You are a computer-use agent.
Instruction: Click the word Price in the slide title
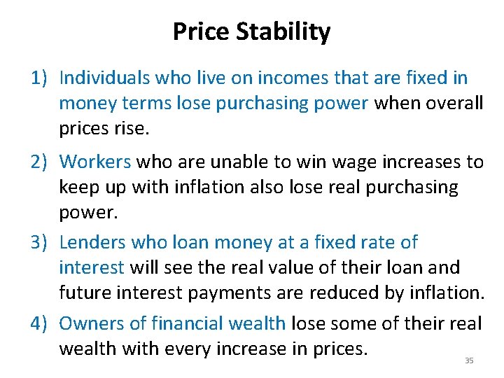tap(202, 32)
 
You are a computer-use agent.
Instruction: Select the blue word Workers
tap(95, 162)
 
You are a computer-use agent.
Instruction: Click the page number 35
tap(469, 360)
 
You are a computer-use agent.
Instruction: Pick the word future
tap(88, 293)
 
